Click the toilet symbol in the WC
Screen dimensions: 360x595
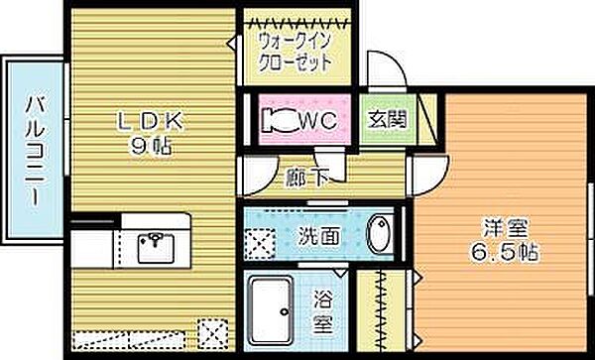pyautogui.click(x=278, y=119)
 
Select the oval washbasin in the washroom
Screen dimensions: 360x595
pyautogui.click(x=381, y=236)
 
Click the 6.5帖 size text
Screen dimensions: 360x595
pyautogui.click(x=504, y=253)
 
